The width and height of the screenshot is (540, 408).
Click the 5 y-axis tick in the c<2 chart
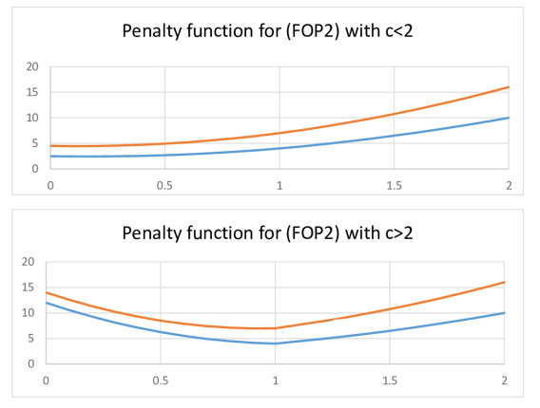point(32,143)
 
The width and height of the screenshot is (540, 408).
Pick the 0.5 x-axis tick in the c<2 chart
point(164,185)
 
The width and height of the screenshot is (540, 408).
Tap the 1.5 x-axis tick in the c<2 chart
point(394,185)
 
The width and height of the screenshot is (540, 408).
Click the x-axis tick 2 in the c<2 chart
point(509,185)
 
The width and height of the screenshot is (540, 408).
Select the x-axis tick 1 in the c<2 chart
point(280,185)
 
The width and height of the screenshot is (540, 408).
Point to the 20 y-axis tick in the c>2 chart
point(29,261)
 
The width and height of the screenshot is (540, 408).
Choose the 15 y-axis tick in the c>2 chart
point(29,287)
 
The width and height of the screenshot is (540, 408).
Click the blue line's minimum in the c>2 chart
point(275,343)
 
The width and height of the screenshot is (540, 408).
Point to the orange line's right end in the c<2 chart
point(509,87)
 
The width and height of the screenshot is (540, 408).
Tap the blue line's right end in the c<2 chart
point(509,118)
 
